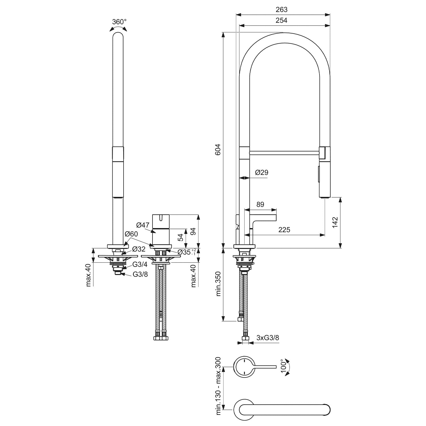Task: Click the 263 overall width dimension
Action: click(x=281, y=9)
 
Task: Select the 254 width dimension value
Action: click(x=281, y=20)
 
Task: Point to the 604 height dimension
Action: click(x=218, y=149)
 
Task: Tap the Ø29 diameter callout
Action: click(x=262, y=172)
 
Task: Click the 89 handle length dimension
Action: click(x=260, y=204)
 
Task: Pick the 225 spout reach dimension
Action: click(x=284, y=230)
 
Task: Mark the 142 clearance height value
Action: click(x=335, y=222)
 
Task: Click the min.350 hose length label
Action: click(x=218, y=283)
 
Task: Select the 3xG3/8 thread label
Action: click(x=268, y=338)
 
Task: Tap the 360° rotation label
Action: click(x=119, y=22)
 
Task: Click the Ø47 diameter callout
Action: click(x=143, y=225)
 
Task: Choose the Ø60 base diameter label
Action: click(x=131, y=234)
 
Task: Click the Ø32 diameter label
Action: click(x=139, y=249)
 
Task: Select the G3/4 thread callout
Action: click(x=140, y=265)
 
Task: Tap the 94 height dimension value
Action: click(x=193, y=231)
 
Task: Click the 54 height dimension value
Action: click(x=181, y=237)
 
